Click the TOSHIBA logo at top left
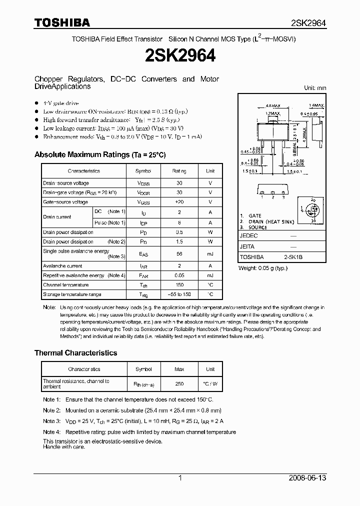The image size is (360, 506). tap(62, 22)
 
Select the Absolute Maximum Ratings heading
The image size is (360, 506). tap(99, 155)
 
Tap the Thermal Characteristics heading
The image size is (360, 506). tap(75, 352)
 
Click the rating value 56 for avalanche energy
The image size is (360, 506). tap(179, 253)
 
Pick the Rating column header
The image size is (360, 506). tap(179, 171)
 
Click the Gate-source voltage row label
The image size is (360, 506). tap(65, 202)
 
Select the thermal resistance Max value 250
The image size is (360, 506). tap(179, 384)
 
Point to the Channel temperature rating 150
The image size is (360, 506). tap(179, 285)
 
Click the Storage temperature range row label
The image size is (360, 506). tap(72, 294)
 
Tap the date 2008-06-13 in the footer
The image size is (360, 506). tap(307, 478)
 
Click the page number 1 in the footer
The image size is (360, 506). tap(180, 478)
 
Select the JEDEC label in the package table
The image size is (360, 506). tap(248, 235)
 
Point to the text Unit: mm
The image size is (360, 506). tap(315, 88)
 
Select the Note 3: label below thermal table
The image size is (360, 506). tap(51, 421)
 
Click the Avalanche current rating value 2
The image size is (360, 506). tap(179, 266)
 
